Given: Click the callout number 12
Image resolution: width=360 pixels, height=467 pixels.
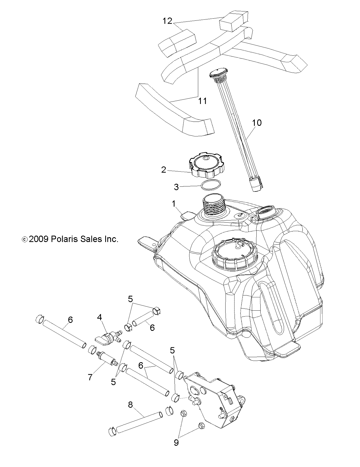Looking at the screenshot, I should pyautogui.click(x=167, y=21).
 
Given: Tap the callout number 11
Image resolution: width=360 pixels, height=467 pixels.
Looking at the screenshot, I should pyautogui.click(x=203, y=101).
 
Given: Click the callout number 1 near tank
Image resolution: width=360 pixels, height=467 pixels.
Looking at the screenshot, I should pyautogui.click(x=174, y=204).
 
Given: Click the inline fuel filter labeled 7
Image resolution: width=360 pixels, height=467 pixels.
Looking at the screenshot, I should pyautogui.click(x=108, y=360).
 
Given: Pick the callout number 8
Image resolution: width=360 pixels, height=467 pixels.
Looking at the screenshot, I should pyautogui.click(x=130, y=405).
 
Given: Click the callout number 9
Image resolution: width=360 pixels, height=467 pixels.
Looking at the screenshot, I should pyautogui.click(x=176, y=443).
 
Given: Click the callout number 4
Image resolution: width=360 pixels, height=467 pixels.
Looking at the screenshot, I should pyautogui.click(x=99, y=317).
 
